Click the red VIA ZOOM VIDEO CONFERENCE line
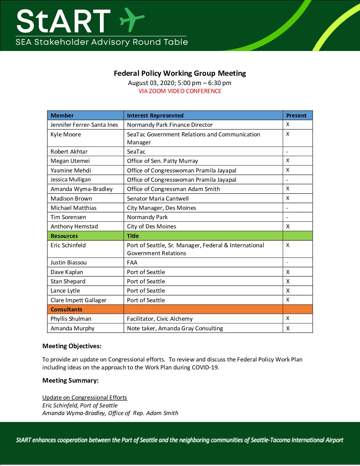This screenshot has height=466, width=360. [x=180, y=91]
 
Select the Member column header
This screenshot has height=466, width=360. [x=62, y=116]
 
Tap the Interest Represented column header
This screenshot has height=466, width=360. [x=155, y=116]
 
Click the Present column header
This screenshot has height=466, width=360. [x=296, y=116]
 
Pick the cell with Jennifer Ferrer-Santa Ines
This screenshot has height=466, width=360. [x=84, y=125]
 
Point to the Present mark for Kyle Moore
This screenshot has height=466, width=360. [x=288, y=134]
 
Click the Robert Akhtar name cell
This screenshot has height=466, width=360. [x=69, y=152]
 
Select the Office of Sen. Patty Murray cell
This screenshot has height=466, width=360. [x=162, y=161]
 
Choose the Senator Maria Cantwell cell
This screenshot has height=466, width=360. [x=158, y=199]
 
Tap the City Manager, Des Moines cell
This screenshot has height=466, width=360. [x=161, y=208]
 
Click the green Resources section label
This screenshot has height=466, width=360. [x=64, y=236]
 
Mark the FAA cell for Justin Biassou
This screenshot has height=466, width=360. [x=132, y=262]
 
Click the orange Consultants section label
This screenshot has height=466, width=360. [x=67, y=309]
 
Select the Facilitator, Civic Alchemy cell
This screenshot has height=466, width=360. [x=160, y=319]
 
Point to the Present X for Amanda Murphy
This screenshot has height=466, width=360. [x=288, y=328]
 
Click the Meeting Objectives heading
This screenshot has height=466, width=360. [x=72, y=346]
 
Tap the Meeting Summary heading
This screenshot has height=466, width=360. [x=70, y=381]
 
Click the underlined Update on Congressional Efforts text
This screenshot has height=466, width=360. [x=85, y=397]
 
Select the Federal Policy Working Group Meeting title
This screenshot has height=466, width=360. [x=180, y=73]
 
